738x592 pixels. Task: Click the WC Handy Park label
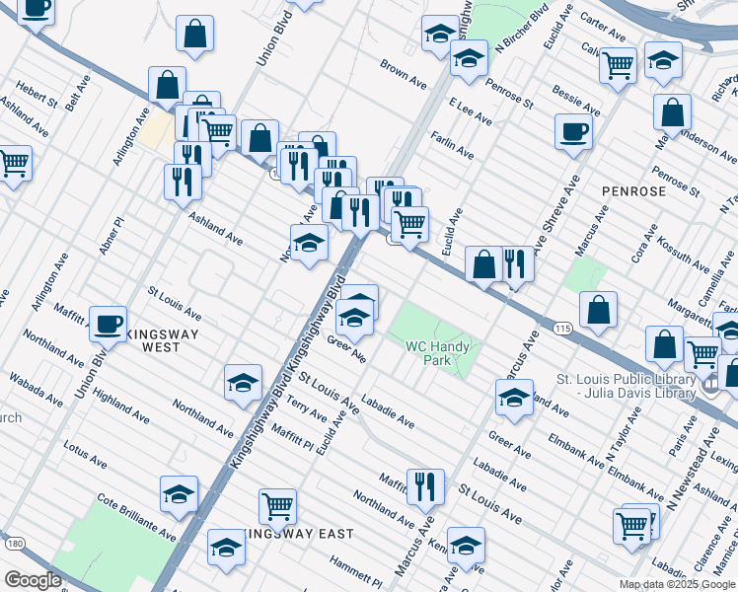pyautogui.click(x=442, y=353)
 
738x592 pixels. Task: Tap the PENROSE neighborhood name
pyautogui.click(x=633, y=190)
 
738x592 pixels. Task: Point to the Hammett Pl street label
pyautogui.click(x=355, y=573)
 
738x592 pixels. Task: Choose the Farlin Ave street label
pyautogui.click(x=450, y=148)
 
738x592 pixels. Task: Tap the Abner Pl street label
pyautogui.click(x=111, y=236)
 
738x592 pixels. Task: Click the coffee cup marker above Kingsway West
pyautogui.click(x=108, y=322)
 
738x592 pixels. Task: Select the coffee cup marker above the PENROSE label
pyautogui.click(x=573, y=130)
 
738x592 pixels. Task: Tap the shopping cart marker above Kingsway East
pyautogui.click(x=277, y=505)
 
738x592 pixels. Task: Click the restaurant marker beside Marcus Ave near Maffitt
pyautogui.click(x=425, y=484)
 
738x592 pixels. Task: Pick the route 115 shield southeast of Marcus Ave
pyautogui.click(x=562, y=329)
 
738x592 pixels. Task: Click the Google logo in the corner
pyautogui.click(x=33, y=579)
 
